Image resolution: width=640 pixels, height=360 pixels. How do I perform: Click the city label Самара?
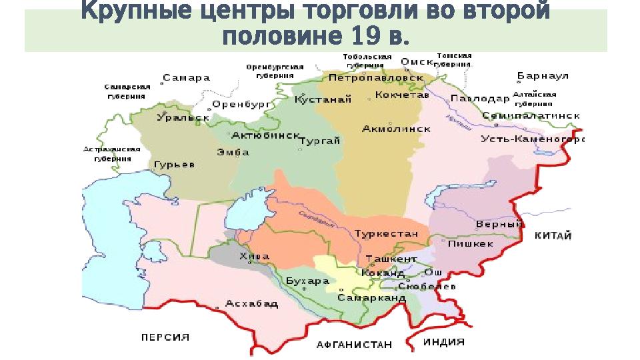[x=186, y=78]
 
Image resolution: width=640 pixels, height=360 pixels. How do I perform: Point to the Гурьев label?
[x=174, y=165]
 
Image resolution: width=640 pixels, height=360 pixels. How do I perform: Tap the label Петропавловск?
[x=377, y=78]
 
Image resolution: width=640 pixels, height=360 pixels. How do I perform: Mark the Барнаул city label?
[x=543, y=77]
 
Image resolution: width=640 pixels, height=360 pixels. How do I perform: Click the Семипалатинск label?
[x=531, y=115]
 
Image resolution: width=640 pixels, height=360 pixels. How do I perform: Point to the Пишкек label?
[x=470, y=244]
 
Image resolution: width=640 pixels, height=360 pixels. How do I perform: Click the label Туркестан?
[x=387, y=234]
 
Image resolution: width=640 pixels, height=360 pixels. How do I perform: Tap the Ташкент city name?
[x=391, y=259]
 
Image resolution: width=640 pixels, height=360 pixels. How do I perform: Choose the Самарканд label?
[x=371, y=297]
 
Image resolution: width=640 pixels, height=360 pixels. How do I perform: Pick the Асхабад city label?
[x=251, y=303]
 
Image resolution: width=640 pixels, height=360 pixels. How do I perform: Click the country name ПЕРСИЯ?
[x=165, y=337]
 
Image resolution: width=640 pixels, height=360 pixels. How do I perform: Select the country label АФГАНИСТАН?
[x=354, y=345]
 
